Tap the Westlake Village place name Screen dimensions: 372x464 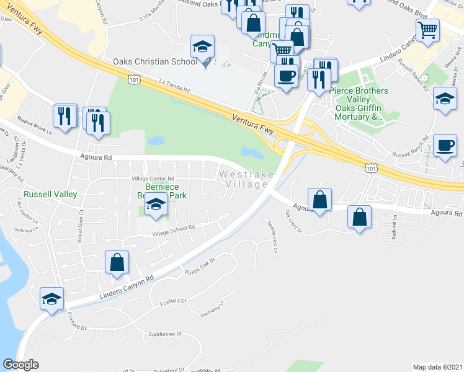246,180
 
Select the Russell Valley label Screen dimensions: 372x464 50,194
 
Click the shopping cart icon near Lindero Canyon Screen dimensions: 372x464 427,29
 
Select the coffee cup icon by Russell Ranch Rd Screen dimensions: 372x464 444,145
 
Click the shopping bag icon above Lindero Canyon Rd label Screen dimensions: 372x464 117,262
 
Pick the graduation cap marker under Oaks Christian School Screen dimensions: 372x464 202,48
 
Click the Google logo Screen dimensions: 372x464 20,365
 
